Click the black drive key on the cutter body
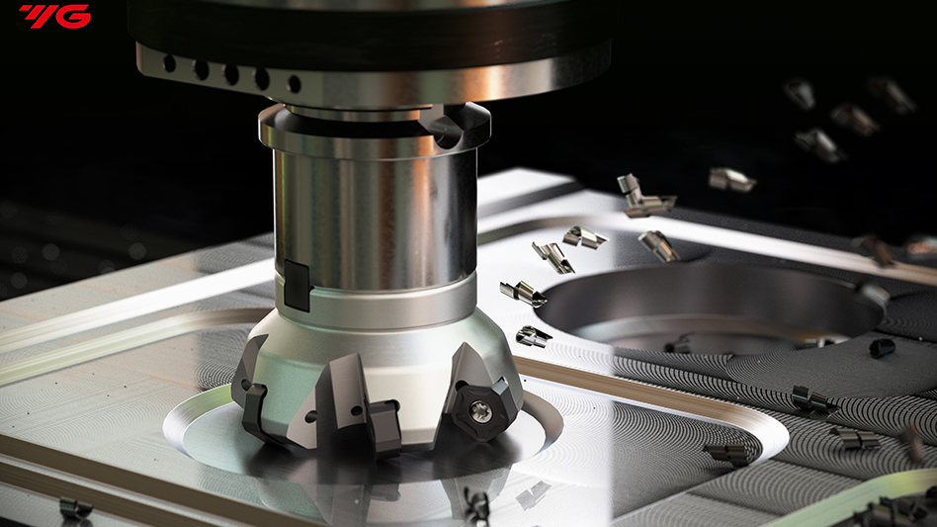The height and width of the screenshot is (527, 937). click(x=295, y=285)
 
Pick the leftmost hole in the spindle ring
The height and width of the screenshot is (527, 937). click(x=169, y=64)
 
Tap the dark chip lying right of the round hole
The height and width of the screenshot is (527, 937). click(x=882, y=347)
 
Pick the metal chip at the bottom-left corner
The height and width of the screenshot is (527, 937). click(x=75, y=508)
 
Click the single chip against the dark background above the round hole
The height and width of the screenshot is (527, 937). click(x=731, y=179)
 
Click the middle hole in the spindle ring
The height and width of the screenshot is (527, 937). click(x=231, y=75)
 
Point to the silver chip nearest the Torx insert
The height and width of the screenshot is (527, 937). click(x=533, y=336)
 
